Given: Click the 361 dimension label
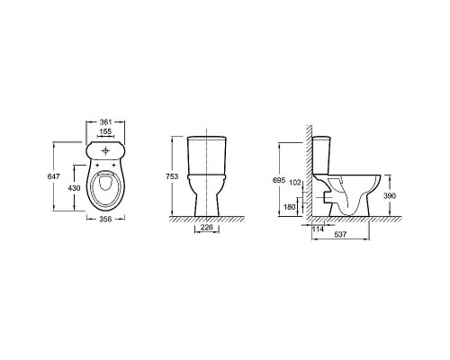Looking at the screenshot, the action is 105,122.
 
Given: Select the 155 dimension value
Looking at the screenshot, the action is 105,131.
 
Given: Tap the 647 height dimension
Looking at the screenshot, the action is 54,176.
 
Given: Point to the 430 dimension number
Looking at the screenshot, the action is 74,188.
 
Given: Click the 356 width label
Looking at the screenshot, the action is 105,219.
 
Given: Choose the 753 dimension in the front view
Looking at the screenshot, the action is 172,176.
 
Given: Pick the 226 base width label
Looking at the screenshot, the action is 207,228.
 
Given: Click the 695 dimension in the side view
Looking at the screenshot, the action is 279,180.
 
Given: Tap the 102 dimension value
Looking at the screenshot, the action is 296,183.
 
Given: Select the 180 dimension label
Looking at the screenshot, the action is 290,207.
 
